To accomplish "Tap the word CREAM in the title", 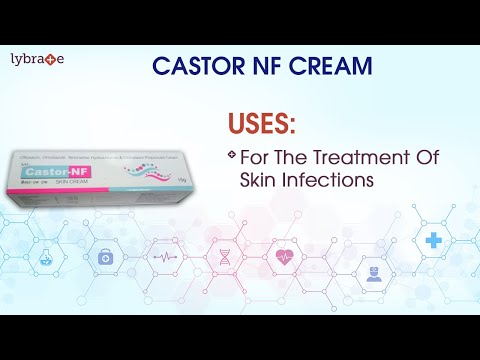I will (320, 67).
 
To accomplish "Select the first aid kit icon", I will (105, 257).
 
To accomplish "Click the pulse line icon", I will (163, 256).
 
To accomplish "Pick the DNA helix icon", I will (225, 256).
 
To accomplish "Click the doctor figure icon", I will (374, 273).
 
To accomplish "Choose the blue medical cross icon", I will (433, 241).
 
